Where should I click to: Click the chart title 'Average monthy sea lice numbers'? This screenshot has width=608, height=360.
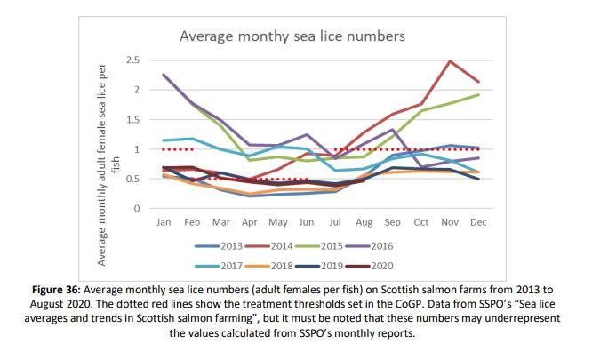coord(292,36)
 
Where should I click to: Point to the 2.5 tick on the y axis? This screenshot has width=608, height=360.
coord(134,60)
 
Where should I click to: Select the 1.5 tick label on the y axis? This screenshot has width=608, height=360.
coord(134,119)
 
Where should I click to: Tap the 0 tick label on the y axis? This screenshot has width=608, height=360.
coord(138,209)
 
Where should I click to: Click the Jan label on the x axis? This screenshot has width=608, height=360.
coord(164,222)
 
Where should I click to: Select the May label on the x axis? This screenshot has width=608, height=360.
coord(277,222)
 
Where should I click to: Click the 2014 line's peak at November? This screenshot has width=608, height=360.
coord(451,61)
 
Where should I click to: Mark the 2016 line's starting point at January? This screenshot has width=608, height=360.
coord(164,75)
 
